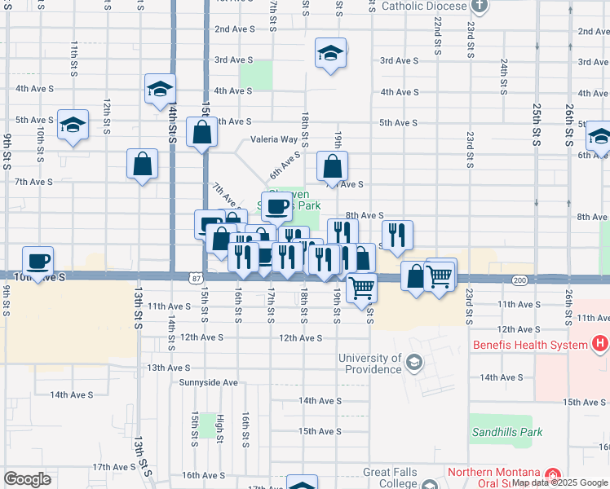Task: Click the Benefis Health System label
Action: click(x=530, y=345)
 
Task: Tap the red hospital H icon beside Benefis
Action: click(x=600, y=345)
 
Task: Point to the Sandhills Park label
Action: click(x=506, y=432)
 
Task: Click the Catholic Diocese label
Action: click(x=425, y=6)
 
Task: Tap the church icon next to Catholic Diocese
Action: click(x=480, y=6)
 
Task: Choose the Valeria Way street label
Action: click(x=273, y=139)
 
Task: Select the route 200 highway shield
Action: click(x=519, y=280)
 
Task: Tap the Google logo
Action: click(x=28, y=479)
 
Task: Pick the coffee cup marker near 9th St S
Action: click(x=38, y=262)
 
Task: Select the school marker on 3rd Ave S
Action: click(x=330, y=54)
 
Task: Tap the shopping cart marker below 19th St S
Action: click(x=361, y=286)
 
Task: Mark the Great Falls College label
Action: click(x=390, y=478)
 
